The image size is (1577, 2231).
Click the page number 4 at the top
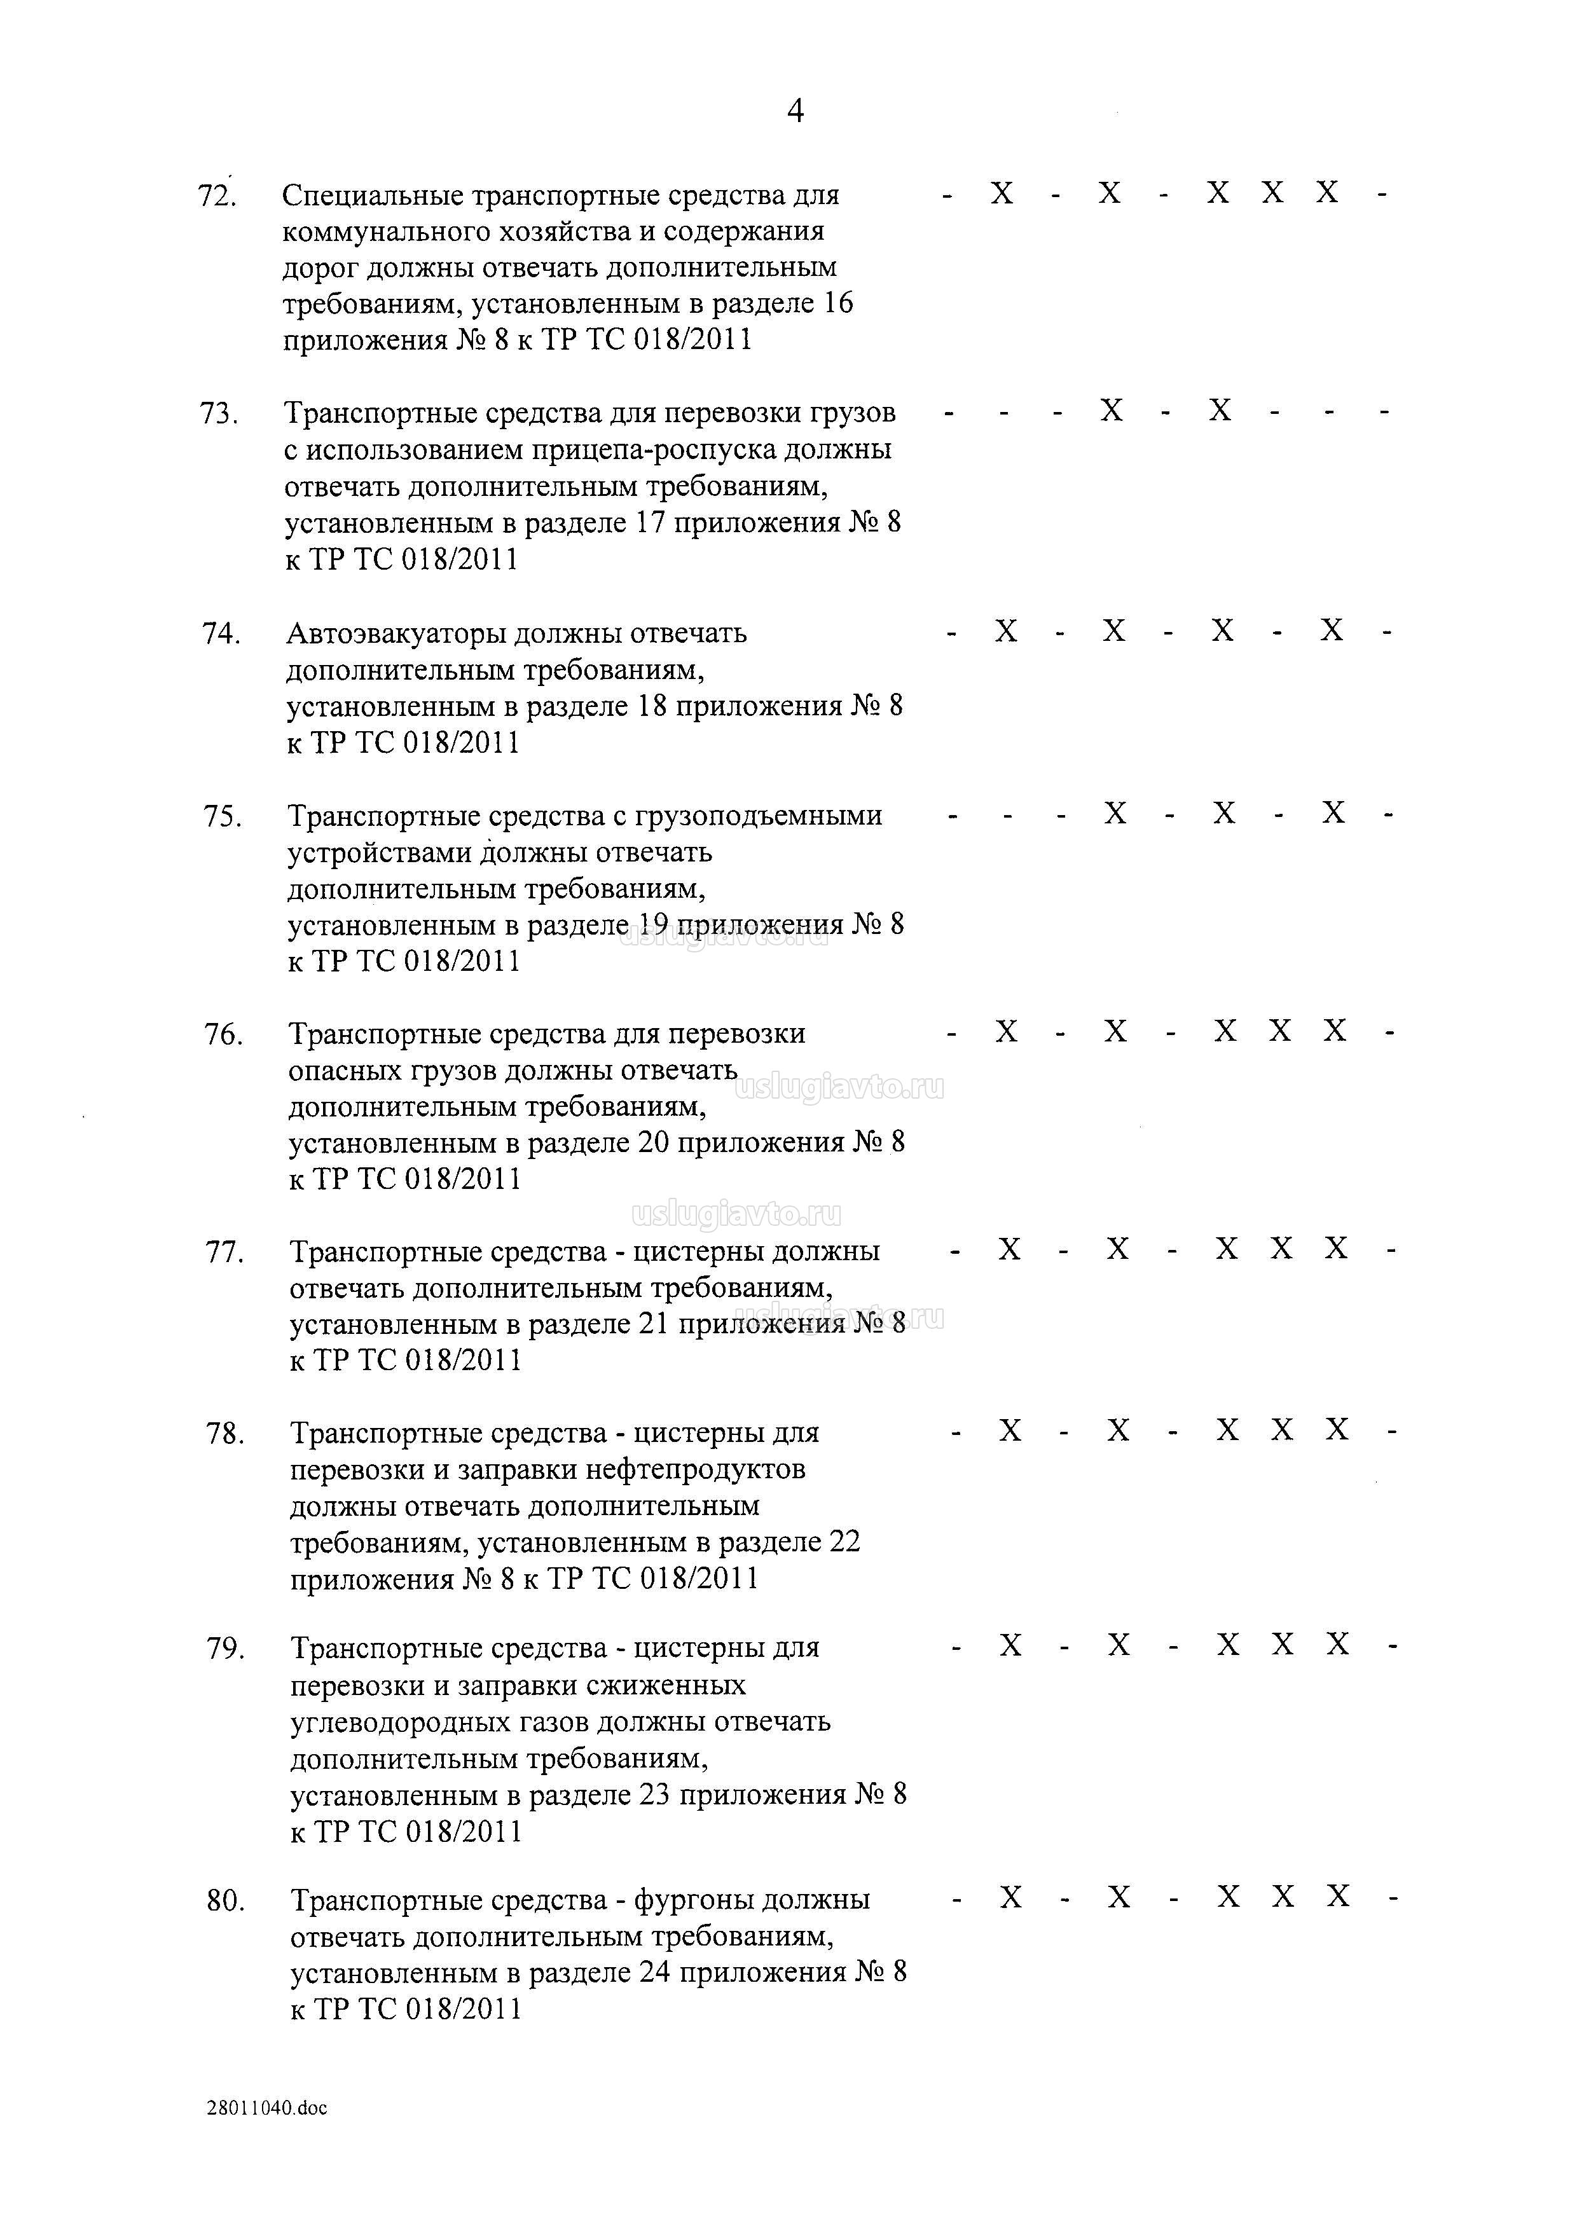[x=795, y=112]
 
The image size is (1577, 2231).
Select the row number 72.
[x=217, y=196]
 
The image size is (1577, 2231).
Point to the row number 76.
[x=223, y=1035]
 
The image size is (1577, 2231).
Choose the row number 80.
[x=226, y=1900]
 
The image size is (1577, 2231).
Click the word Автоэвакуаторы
[x=396, y=633]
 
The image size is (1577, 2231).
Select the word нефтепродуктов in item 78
[x=696, y=1469]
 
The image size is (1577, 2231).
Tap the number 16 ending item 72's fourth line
[x=837, y=303]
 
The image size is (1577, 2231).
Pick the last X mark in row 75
[x=1333, y=813]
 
